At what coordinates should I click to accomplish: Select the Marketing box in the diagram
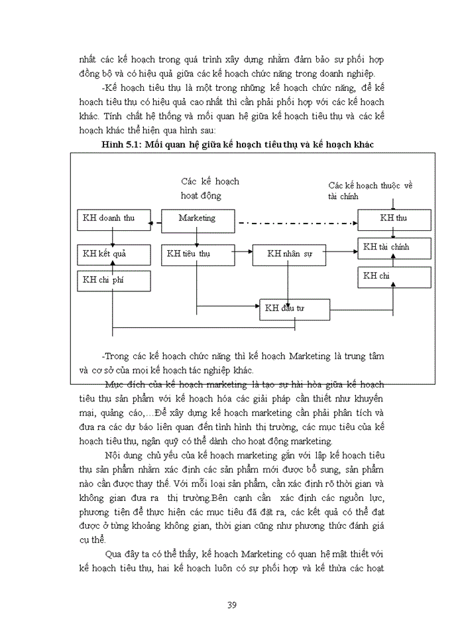pos(196,218)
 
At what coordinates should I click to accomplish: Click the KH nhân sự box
pos(289,253)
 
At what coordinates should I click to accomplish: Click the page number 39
pos(232,604)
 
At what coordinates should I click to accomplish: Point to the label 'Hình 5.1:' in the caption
pos(123,145)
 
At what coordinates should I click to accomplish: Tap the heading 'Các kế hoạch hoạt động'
pos(210,188)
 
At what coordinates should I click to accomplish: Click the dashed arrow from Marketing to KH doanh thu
pos(153,222)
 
